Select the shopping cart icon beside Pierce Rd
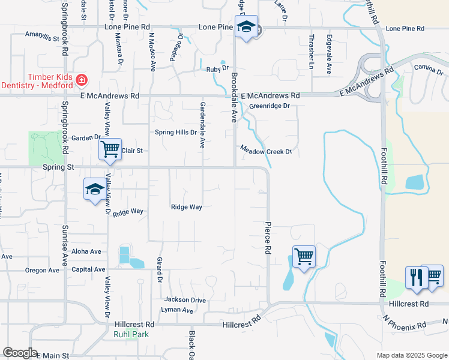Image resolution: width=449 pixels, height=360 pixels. click(x=304, y=256)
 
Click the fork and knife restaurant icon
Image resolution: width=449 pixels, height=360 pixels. click(x=415, y=277)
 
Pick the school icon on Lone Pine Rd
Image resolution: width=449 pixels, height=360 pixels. click(x=246, y=26)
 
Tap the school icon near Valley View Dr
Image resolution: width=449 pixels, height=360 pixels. click(x=94, y=190)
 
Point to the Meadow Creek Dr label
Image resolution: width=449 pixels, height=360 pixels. click(x=266, y=151)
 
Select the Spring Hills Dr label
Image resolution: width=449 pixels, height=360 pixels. click(x=176, y=133)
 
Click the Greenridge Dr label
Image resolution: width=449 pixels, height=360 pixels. click(x=270, y=106)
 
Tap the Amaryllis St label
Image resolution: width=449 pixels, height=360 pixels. click(x=43, y=37)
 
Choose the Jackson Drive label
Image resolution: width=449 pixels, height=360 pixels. click(x=185, y=300)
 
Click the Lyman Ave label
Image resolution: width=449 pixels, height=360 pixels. click(x=177, y=310)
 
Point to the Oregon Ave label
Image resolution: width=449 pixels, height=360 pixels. click(x=42, y=270)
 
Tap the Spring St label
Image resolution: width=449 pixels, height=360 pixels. click(x=58, y=168)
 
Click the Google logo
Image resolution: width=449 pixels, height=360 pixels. click(x=20, y=353)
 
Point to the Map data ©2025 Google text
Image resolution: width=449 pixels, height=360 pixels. click(x=411, y=356)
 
